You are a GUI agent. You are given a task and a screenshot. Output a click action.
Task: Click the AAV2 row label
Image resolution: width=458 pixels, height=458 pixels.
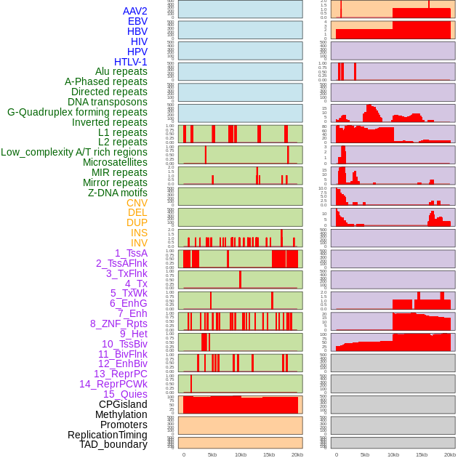(x=134, y=11)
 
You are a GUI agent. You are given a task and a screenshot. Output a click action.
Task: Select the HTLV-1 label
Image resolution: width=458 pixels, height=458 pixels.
(x=130, y=62)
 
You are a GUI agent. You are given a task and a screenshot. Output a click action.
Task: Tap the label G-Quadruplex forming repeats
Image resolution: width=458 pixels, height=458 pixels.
(x=77, y=112)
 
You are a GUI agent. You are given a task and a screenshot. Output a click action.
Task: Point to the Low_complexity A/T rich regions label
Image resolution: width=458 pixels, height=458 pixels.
(x=74, y=152)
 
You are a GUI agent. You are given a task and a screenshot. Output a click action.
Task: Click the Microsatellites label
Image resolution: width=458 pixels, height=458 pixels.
(x=115, y=162)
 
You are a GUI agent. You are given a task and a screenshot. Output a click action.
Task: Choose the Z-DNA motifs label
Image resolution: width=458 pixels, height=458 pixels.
(x=117, y=193)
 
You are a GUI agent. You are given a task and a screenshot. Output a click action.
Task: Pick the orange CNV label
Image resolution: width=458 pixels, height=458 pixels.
(x=137, y=203)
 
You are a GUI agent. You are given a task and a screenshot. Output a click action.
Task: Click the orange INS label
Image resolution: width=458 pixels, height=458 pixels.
(x=139, y=233)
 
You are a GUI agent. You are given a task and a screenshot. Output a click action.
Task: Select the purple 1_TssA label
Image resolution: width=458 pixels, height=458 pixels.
(x=131, y=253)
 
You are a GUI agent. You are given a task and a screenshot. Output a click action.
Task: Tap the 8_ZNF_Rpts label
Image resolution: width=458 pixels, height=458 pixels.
(x=118, y=324)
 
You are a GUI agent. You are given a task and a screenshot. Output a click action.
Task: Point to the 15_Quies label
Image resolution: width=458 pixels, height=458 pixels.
(x=125, y=394)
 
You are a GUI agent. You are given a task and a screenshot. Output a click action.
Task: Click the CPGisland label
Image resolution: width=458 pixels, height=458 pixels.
(x=123, y=404)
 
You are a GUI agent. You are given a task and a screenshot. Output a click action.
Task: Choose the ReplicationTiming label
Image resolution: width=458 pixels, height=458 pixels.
(x=107, y=435)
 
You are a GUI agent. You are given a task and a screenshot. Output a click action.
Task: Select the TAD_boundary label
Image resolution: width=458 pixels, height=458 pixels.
(x=113, y=444)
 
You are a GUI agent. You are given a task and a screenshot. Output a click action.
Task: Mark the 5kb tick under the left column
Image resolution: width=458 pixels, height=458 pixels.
(x=212, y=454)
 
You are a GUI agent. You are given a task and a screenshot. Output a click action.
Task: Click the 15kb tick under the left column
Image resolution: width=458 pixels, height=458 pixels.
(x=269, y=454)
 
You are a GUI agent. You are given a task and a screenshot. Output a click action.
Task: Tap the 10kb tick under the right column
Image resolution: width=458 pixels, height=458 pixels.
(x=393, y=454)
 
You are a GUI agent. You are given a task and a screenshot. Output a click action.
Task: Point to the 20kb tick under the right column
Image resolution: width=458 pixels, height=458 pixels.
(x=450, y=454)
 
